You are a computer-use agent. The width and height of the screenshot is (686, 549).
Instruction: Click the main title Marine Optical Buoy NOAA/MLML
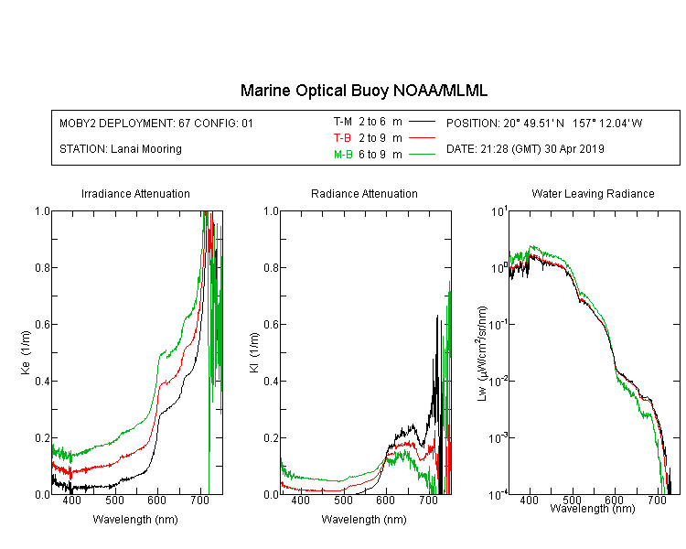point(363,91)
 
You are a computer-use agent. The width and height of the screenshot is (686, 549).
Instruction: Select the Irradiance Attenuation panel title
point(135,193)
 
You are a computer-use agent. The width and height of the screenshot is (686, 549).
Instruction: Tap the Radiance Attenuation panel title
point(364,193)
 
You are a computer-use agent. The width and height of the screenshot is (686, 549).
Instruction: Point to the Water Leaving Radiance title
point(593,193)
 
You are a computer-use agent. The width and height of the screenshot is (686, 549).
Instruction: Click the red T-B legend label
point(342,138)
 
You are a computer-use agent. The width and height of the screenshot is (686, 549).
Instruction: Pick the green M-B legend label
point(343,155)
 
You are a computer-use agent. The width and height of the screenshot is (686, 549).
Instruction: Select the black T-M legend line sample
point(423,122)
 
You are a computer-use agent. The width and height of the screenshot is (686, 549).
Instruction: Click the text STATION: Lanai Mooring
point(121,149)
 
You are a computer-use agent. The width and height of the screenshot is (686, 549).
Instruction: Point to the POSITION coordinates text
point(544,123)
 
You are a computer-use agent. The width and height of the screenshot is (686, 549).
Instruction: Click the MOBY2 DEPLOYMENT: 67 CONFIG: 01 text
point(156,123)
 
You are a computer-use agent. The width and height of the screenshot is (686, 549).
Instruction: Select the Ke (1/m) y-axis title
point(26,352)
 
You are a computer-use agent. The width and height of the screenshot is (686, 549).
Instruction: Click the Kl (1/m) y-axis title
point(254,352)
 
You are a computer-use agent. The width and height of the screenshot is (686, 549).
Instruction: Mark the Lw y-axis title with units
point(482,353)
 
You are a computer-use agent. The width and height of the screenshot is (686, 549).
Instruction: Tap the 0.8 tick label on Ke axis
point(42,267)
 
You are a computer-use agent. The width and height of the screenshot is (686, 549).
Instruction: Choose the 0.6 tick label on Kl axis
point(272,325)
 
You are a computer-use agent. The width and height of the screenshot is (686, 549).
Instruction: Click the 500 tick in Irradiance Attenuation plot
point(114,500)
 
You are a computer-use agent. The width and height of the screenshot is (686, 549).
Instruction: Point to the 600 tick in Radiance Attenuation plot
point(385,500)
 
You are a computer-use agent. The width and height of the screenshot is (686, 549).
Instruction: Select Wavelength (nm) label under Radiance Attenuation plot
point(364,520)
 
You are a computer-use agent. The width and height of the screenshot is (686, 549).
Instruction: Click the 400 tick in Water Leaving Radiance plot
point(530,500)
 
